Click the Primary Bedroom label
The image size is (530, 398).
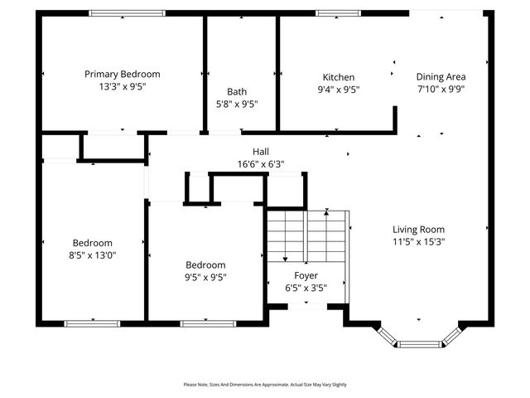coord(123,74)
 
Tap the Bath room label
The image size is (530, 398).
coord(237,92)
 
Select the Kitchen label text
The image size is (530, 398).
coord(339,77)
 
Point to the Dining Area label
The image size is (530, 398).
coord(440,76)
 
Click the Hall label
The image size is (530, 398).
coord(261,152)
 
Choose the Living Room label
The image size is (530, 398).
coord(418,230)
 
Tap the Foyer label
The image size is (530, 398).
coord(306,275)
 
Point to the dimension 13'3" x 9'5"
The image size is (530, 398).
coord(123,85)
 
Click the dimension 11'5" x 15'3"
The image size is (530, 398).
coord(418,241)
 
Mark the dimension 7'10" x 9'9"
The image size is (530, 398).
coord(440,89)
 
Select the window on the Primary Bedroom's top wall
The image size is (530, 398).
coord(127,12)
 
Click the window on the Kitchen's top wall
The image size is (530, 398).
coord(339,12)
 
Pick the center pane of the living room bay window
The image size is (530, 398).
coord(419,342)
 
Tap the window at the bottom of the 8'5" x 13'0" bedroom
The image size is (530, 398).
coord(86,323)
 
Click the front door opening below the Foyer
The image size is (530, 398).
coord(306,305)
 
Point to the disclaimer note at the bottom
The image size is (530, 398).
coord(265,385)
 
